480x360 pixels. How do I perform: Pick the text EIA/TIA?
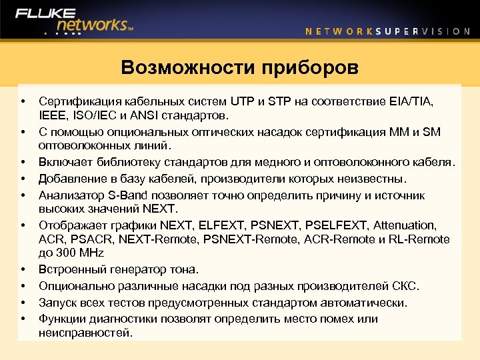pos(413,101)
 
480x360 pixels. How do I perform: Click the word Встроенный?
pos(71,270)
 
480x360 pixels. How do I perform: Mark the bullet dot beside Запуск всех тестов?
pos(23,303)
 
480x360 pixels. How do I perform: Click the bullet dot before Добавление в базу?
pos(23,179)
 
